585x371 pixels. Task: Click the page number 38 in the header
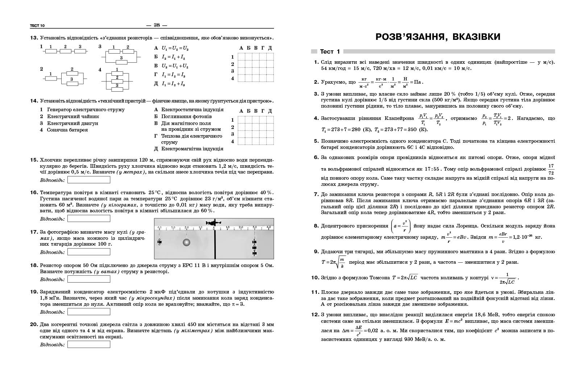[x=157, y=25]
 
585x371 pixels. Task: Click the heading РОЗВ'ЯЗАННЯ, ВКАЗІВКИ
[x=438, y=37]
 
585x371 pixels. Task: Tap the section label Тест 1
[x=330, y=52]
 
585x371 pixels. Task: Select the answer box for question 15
[x=89, y=180]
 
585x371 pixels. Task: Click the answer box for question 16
[x=89, y=219]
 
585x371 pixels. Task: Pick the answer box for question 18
[x=89, y=279]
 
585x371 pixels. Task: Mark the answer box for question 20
[x=89, y=345]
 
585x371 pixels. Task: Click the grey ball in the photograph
[x=186, y=242]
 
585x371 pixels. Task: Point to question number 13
[x=34, y=38]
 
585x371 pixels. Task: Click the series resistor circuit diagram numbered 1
[x=65, y=50]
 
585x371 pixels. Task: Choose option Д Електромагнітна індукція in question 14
[x=188, y=149]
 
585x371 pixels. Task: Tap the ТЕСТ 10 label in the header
[x=37, y=25]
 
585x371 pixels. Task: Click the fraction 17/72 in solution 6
[x=551, y=170]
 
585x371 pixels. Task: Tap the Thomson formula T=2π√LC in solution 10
[x=405, y=278]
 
